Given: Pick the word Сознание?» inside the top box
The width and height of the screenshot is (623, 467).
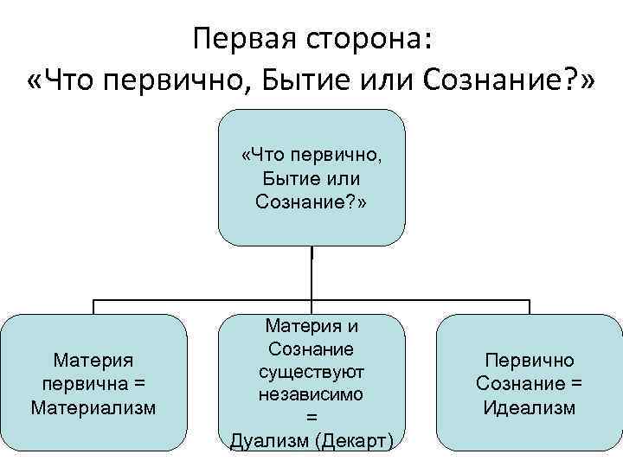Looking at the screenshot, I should point(311,202).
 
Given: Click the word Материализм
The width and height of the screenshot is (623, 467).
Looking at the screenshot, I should point(93,406).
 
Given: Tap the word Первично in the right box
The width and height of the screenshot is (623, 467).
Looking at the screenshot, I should point(529,360).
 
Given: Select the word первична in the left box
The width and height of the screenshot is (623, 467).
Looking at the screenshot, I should point(80,382).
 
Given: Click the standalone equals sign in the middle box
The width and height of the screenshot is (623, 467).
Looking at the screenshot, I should point(311,417).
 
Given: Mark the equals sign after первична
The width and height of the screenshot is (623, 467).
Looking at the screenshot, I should point(140,382).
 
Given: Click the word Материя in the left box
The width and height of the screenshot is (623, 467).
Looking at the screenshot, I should point(93,359).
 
